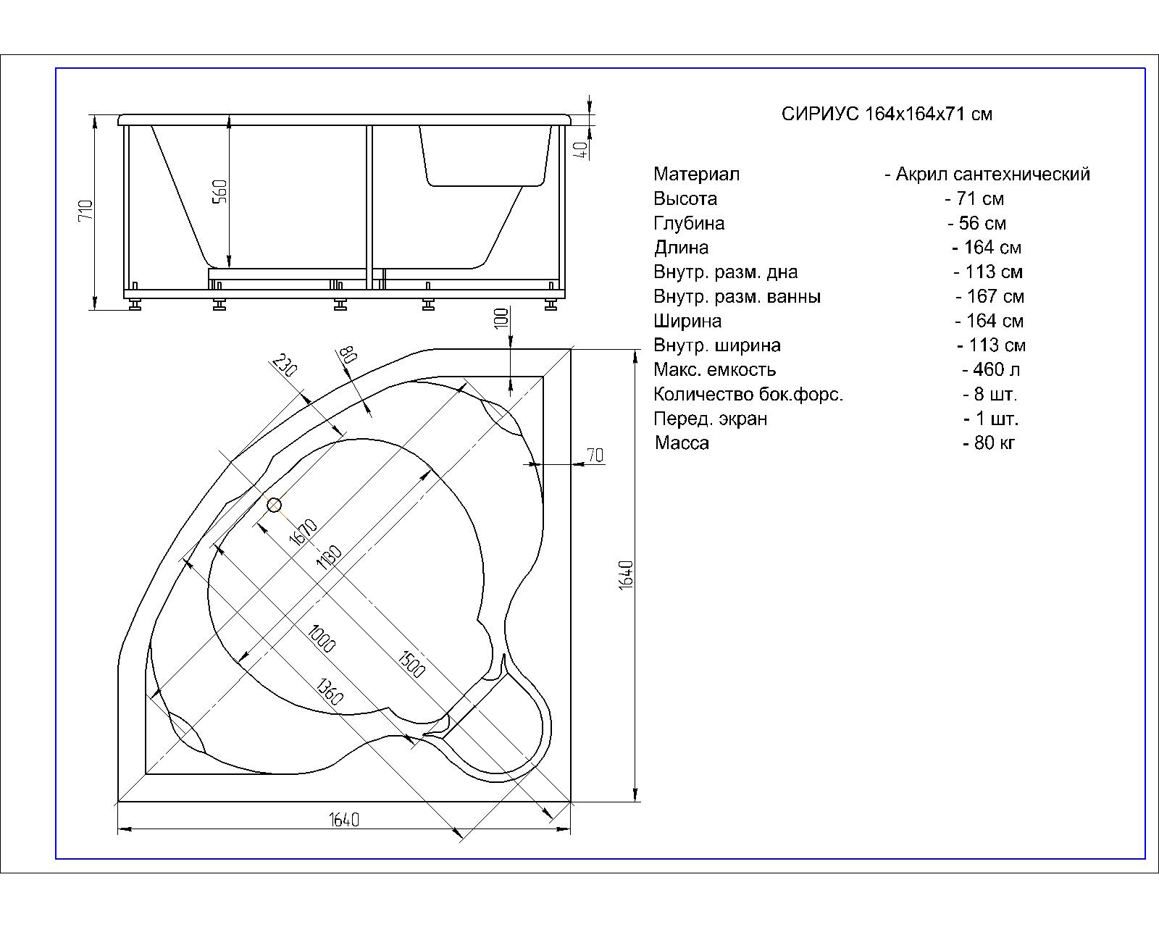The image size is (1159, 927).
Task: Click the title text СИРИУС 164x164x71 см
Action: pos(887,114)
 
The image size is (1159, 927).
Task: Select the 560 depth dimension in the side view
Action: pos(220,191)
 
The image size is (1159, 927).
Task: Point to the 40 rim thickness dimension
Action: pos(580,149)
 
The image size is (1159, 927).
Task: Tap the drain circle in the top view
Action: pos(274,505)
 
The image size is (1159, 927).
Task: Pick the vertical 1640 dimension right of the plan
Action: pos(626,575)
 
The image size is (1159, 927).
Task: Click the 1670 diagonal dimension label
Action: pos(304,532)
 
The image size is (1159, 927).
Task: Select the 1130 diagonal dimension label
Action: pos(329,558)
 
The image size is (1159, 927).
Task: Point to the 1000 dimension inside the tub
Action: pos(322,639)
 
